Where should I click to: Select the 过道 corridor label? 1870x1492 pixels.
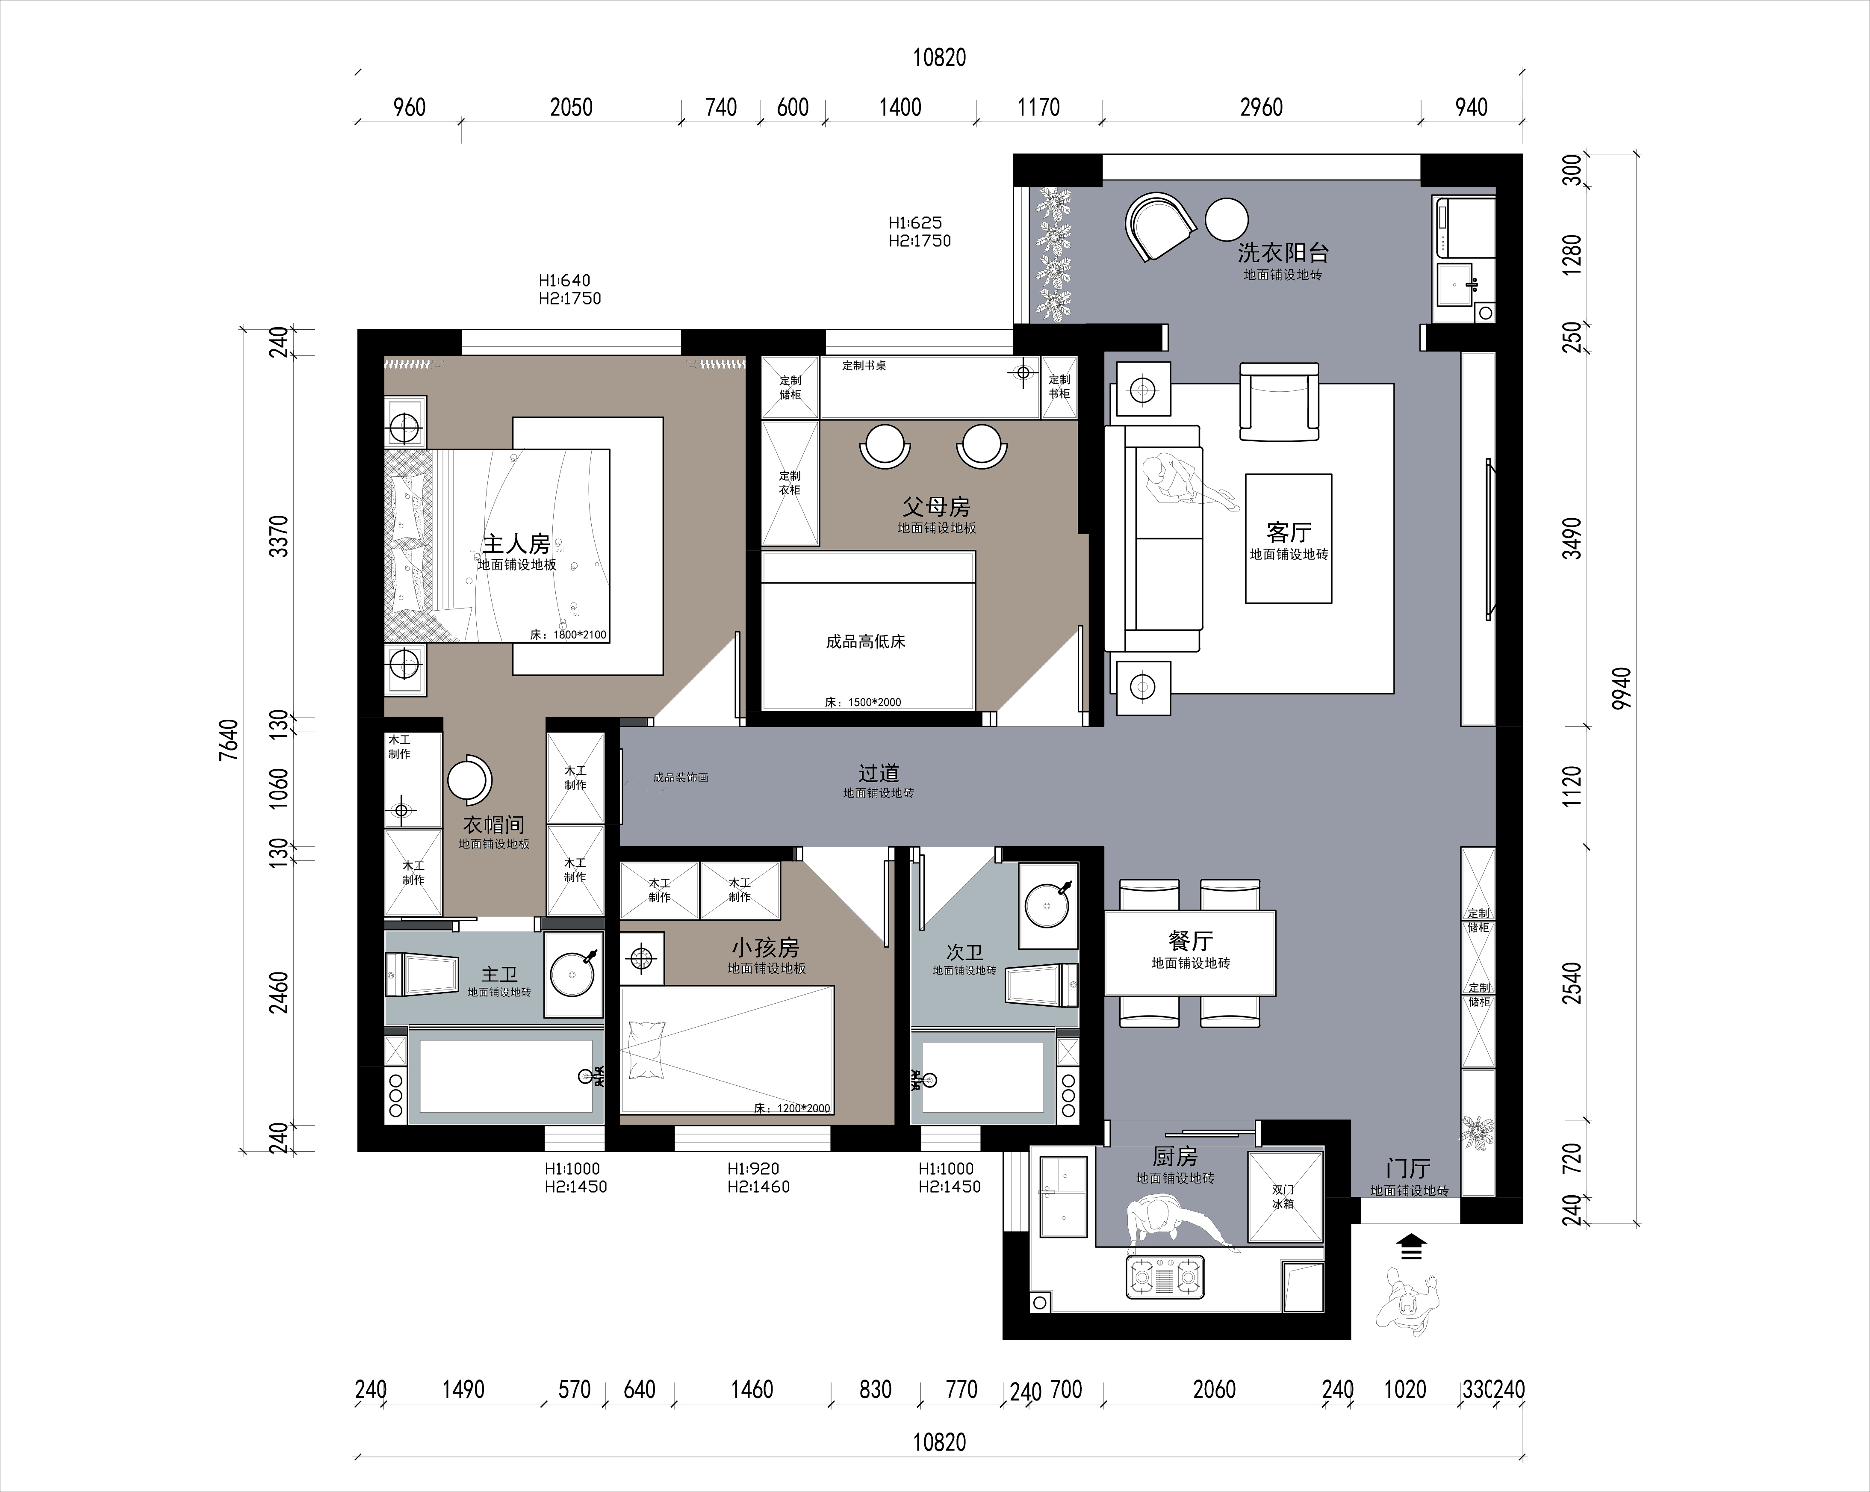point(879,773)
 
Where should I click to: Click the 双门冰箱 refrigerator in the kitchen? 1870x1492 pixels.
point(1285,1197)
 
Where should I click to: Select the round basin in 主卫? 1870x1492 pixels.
point(572,974)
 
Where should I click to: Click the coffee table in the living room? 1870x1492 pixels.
point(1288,539)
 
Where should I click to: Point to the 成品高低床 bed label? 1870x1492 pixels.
point(866,642)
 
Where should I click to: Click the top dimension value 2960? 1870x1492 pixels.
point(1261,108)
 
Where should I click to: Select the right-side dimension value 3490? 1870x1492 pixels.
point(1571,538)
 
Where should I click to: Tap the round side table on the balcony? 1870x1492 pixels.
point(1227,219)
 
